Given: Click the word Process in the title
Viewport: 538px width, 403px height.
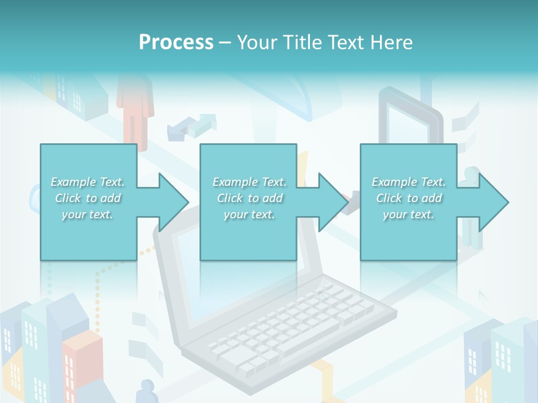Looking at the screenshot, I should [x=176, y=43].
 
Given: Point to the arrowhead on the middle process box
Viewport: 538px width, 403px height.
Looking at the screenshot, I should [x=332, y=202].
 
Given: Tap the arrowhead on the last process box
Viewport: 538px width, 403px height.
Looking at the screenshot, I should [x=493, y=202].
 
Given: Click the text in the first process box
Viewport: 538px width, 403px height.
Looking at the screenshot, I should [x=87, y=198].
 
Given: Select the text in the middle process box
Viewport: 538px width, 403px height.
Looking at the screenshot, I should [x=249, y=198].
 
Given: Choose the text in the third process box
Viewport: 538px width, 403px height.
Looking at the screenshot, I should [x=408, y=198].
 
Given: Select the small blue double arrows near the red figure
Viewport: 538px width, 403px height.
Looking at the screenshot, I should [x=193, y=125].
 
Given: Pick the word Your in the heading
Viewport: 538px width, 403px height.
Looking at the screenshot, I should [x=256, y=43].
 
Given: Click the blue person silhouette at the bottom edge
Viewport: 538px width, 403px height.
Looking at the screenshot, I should [x=147, y=392].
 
